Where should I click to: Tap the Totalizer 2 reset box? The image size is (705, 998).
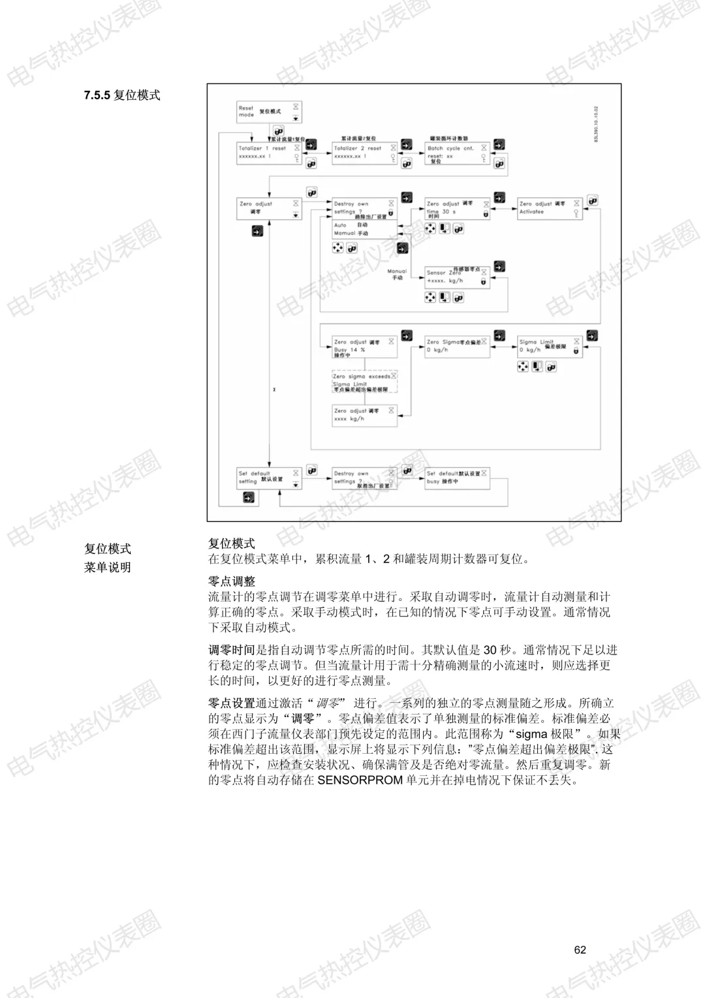pyautogui.click(x=364, y=153)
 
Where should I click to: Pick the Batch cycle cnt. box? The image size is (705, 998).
pyautogui.click(x=457, y=153)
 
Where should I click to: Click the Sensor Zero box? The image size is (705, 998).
pyautogui.click(x=457, y=276)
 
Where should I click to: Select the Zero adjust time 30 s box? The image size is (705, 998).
pyautogui.click(x=457, y=208)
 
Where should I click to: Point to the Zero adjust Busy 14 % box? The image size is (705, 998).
pyautogui.click(x=364, y=347)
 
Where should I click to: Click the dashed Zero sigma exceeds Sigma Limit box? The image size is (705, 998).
pyautogui.click(x=364, y=382)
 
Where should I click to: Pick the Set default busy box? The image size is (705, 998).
pyautogui.click(x=457, y=478)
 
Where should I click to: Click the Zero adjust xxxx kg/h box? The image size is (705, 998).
pyautogui.click(x=364, y=416)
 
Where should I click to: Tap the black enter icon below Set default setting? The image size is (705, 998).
pyautogui.click(x=249, y=498)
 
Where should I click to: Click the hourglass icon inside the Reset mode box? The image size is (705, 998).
pyautogui.click(x=296, y=106)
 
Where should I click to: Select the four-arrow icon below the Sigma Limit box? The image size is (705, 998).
pyautogui.click(x=523, y=367)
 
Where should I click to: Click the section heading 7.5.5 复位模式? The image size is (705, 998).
pyautogui.click(x=122, y=95)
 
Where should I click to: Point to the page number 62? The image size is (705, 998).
pyautogui.click(x=580, y=950)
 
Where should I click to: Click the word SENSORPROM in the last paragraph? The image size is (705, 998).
pyautogui.click(x=360, y=780)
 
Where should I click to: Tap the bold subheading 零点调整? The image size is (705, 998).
pyautogui.click(x=232, y=581)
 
